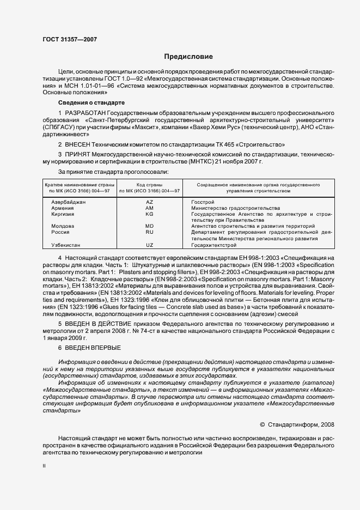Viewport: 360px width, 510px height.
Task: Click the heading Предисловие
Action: tap(188, 57)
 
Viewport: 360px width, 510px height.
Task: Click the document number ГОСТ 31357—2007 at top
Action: tap(69, 39)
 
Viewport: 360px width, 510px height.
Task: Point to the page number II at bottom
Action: tap(44, 466)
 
